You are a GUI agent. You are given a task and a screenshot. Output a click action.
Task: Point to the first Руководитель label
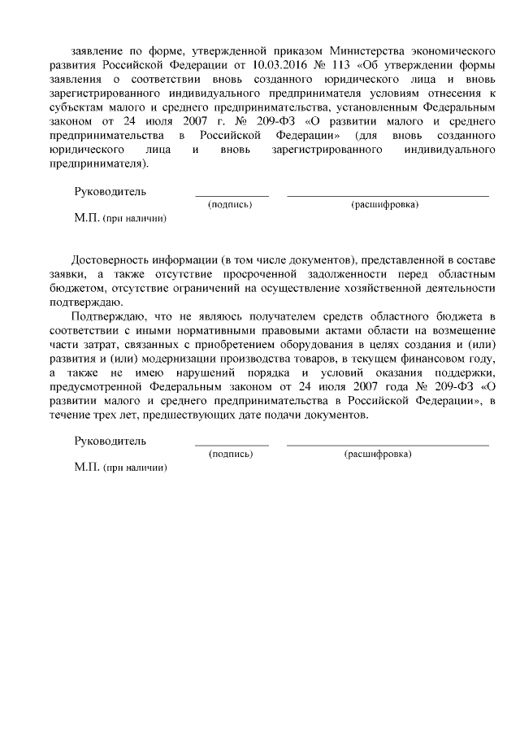[x=110, y=191]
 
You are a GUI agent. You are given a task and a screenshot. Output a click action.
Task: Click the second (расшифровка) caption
[x=378, y=453]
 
